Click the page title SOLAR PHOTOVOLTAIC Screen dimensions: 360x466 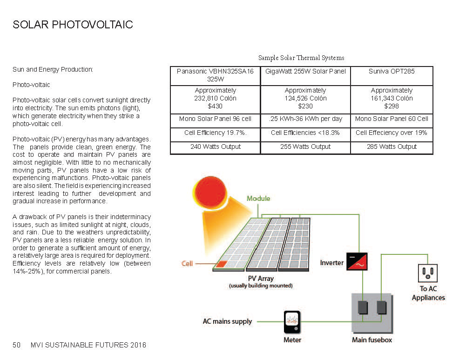tap(73, 25)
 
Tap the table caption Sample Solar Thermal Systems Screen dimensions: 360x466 tap(301, 58)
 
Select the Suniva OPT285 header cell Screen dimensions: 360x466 tap(392, 72)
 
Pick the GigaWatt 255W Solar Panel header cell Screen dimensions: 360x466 tap(305, 72)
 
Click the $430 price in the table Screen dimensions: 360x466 tap(215, 106)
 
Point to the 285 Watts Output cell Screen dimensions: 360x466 tap(392, 147)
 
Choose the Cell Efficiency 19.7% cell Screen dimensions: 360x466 tap(215, 133)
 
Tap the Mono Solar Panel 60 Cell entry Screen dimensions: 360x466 tap(392, 119)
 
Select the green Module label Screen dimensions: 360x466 tap(258, 199)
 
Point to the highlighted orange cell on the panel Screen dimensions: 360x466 tap(222, 264)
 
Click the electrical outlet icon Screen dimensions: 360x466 tap(428, 273)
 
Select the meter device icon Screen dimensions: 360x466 tap(292, 322)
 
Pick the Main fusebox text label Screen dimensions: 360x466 tap(372, 340)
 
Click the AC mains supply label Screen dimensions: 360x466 tap(227, 321)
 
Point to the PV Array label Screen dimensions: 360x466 tap(261, 279)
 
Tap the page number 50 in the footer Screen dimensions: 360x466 tap(17, 345)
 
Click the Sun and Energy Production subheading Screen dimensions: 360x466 tap(53, 70)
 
